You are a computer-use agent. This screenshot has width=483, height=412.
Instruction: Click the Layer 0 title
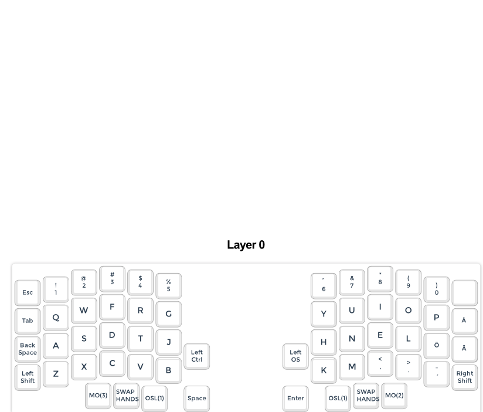[x=246, y=245]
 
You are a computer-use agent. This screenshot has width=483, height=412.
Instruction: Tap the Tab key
[x=28, y=321]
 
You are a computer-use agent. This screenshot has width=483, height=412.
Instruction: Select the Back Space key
[x=28, y=349]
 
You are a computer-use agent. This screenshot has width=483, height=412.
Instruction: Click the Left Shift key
[x=28, y=377]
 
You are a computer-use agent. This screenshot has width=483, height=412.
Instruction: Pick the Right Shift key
[x=464, y=377]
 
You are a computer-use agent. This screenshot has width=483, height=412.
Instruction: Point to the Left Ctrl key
[x=196, y=356]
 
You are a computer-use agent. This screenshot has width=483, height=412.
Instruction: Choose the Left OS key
[x=295, y=356]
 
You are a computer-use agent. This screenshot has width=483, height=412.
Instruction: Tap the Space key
[x=196, y=398]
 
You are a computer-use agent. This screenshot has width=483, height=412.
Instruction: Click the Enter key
[x=295, y=398]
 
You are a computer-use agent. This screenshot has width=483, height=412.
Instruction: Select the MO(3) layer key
[x=98, y=396]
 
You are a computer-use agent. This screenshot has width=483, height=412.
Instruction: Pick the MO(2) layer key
[x=394, y=396]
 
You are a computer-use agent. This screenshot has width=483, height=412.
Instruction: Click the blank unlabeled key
[x=464, y=292]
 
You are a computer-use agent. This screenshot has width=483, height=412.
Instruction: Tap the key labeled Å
[x=464, y=321]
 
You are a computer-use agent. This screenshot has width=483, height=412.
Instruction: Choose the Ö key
[x=436, y=345]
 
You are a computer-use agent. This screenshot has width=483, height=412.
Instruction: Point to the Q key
[x=56, y=317]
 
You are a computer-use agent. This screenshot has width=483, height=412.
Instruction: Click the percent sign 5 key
[x=168, y=285]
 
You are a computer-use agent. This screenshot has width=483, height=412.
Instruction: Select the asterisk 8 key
[x=380, y=278]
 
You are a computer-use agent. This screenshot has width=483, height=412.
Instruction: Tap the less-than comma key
[x=380, y=363]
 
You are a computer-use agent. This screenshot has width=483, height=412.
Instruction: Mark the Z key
[x=56, y=373]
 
